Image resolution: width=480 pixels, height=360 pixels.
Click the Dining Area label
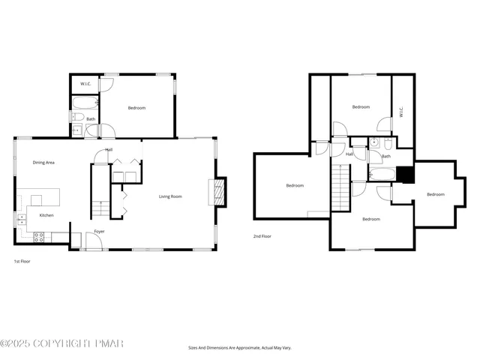pyautogui.click(x=43, y=163)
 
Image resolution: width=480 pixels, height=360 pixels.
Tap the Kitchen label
pyautogui.click(x=46, y=216)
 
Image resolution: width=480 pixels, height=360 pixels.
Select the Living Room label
pyautogui.click(x=170, y=196)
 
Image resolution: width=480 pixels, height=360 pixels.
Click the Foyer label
pyautogui.click(x=99, y=232)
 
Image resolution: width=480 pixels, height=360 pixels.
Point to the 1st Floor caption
pyautogui.click(x=22, y=261)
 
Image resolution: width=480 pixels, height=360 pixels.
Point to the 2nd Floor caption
pyautogui.click(x=262, y=236)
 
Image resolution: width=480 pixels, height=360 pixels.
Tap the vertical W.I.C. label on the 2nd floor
pyautogui.click(x=401, y=112)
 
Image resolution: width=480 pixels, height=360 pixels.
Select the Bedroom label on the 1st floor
pyautogui.click(x=136, y=108)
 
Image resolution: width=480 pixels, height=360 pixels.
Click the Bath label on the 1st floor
pyautogui.click(x=91, y=119)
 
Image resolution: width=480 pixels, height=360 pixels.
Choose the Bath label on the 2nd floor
pyautogui.click(x=385, y=157)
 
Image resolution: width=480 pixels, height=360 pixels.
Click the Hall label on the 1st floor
pyautogui.click(x=109, y=150)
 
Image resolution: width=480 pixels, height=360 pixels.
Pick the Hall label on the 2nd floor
pyautogui.click(x=349, y=154)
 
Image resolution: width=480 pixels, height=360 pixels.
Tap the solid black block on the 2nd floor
pyautogui.click(x=405, y=174)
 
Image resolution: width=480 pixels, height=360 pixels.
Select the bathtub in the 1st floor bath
pyautogui.click(x=85, y=103)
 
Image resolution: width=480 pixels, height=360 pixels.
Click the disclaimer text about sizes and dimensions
pyautogui.click(x=239, y=348)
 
